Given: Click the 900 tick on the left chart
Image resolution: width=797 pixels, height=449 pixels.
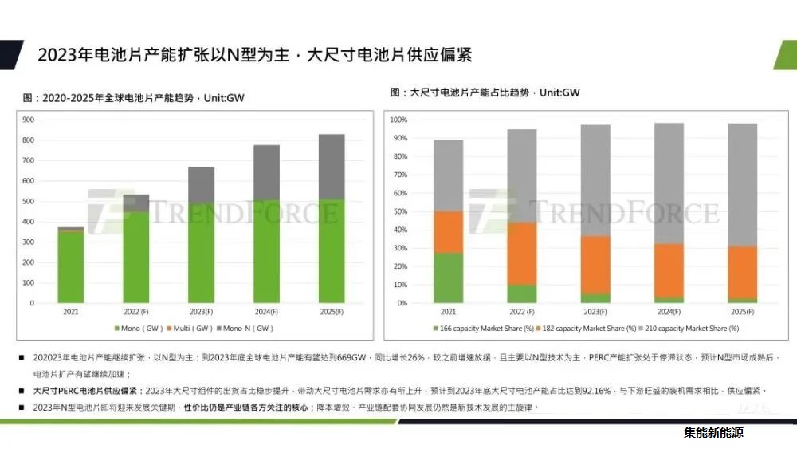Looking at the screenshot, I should click(28, 120).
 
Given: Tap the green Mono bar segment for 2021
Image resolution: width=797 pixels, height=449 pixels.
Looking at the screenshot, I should click(71, 266).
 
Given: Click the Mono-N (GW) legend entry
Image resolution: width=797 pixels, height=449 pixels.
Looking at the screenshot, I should click(247, 328).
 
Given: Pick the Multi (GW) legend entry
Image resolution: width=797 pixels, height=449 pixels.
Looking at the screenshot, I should click(190, 328).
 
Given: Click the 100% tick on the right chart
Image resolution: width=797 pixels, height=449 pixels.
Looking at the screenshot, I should click(399, 120).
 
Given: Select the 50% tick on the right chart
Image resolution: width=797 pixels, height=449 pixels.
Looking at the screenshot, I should click(399, 211).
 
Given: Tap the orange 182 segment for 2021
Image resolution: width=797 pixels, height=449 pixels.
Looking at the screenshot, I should click(448, 232).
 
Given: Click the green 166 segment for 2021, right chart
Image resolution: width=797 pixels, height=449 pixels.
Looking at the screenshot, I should click(448, 278).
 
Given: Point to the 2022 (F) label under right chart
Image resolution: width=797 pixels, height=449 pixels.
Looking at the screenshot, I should click(522, 311).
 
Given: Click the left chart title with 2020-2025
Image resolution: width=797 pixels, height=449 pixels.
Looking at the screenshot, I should click(133, 98).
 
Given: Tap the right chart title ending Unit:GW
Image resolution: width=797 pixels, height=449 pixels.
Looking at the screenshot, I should click(485, 93).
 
